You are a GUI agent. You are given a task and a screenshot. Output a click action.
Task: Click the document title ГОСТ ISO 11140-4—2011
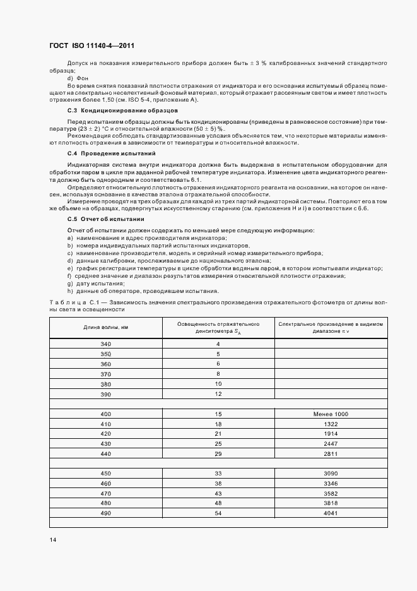click(91, 46)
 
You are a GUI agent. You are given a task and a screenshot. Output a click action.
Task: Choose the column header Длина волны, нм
click(105, 327)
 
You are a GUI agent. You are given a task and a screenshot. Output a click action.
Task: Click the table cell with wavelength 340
click(105, 343)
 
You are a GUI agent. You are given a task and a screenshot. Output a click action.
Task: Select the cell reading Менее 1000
click(331, 414)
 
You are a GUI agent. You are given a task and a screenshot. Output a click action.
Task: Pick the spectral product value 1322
click(331, 424)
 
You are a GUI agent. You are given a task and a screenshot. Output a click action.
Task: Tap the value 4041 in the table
click(331, 513)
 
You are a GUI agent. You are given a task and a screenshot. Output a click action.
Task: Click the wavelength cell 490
click(105, 513)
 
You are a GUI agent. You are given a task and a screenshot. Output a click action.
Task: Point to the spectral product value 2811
click(331, 454)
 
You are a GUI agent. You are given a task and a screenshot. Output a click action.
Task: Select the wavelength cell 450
click(105, 473)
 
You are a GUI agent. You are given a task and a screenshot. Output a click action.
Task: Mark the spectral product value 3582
click(331, 493)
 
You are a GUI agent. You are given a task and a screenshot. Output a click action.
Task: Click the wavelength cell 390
click(105, 394)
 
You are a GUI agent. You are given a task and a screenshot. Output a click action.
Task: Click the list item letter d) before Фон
click(70, 78)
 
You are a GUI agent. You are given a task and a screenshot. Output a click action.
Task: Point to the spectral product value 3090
click(331, 473)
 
